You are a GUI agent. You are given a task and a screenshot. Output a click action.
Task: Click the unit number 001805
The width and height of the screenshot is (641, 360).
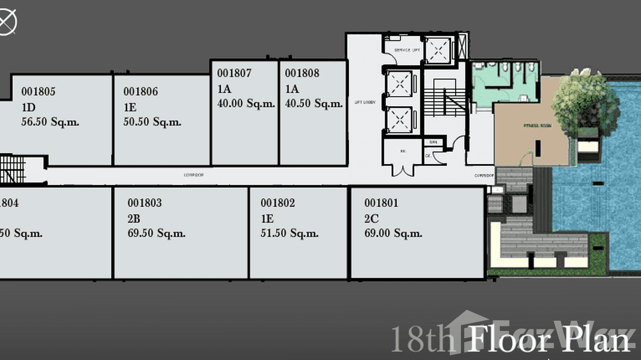pos(38,91)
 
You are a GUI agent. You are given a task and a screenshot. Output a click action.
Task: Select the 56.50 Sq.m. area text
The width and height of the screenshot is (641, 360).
pos(50,122)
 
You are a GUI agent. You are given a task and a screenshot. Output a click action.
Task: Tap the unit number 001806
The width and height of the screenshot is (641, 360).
pos(140,91)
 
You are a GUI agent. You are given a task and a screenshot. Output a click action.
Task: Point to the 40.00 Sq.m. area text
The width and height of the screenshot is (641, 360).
pos(246,104)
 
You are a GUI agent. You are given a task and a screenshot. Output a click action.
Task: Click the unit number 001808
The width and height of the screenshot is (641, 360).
pos(302,73)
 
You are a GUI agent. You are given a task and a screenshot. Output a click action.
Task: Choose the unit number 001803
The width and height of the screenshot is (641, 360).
pos(144,203)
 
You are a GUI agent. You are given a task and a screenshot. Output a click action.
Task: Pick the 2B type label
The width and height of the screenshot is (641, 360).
pos(134,219)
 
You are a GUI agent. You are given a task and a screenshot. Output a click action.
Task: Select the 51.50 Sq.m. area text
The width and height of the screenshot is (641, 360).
pos(289,233)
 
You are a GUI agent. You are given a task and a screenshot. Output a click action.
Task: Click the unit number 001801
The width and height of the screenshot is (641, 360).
pos(381,203)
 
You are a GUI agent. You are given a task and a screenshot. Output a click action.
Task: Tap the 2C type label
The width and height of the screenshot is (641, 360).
pos(371,219)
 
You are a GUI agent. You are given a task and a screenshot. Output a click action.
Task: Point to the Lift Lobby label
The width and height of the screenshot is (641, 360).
pos(365,103)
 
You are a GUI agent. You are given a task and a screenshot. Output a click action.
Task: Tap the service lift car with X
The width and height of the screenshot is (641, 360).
pos(438,49)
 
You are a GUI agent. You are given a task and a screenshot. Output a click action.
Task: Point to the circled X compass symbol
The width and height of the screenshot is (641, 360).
pos(7,22)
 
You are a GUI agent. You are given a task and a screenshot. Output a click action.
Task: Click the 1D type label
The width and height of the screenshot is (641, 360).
pos(28,107)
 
